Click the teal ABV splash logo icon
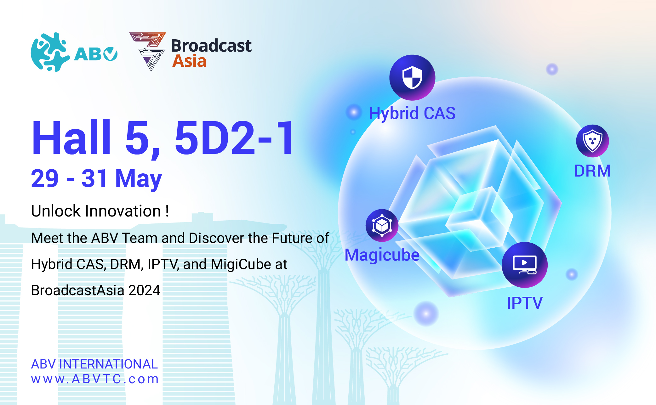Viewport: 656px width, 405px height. point(50,52)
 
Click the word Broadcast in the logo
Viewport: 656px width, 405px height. point(211,46)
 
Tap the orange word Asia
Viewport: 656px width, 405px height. point(189,61)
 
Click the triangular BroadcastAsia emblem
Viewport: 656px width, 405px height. point(148,51)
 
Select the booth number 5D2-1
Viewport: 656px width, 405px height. point(235,138)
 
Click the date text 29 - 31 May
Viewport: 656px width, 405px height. point(96,178)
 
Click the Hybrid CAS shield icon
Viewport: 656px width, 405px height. point(412,78)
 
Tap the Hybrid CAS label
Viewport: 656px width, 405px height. point(412,113)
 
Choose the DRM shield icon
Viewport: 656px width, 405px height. point(592,141)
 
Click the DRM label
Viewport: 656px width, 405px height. point(592,171)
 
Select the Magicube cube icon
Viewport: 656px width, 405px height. point(382,225)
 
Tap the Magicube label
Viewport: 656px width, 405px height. point(382,255)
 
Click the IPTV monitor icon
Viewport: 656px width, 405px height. point(525,265)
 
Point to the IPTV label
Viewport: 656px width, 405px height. point(525,303)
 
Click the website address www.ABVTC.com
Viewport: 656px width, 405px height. point(95,379)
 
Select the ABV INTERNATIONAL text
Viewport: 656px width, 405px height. point(94,364)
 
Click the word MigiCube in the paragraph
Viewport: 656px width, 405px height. point(241,264)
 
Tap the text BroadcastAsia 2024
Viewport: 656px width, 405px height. point(96,290)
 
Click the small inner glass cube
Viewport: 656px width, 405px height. point(479,217)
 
